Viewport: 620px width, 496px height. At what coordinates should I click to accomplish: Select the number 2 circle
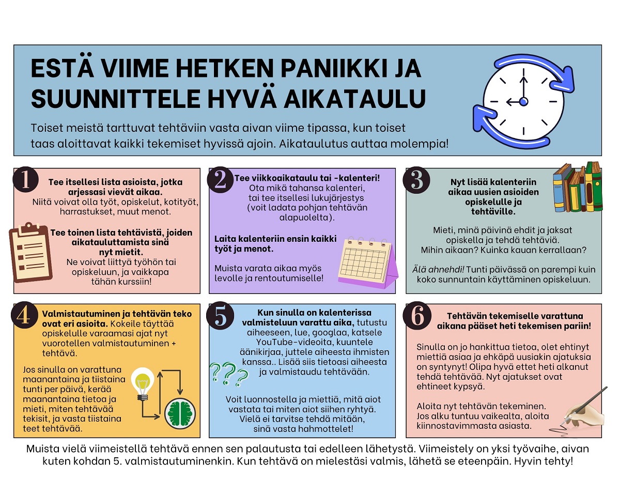221,180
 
